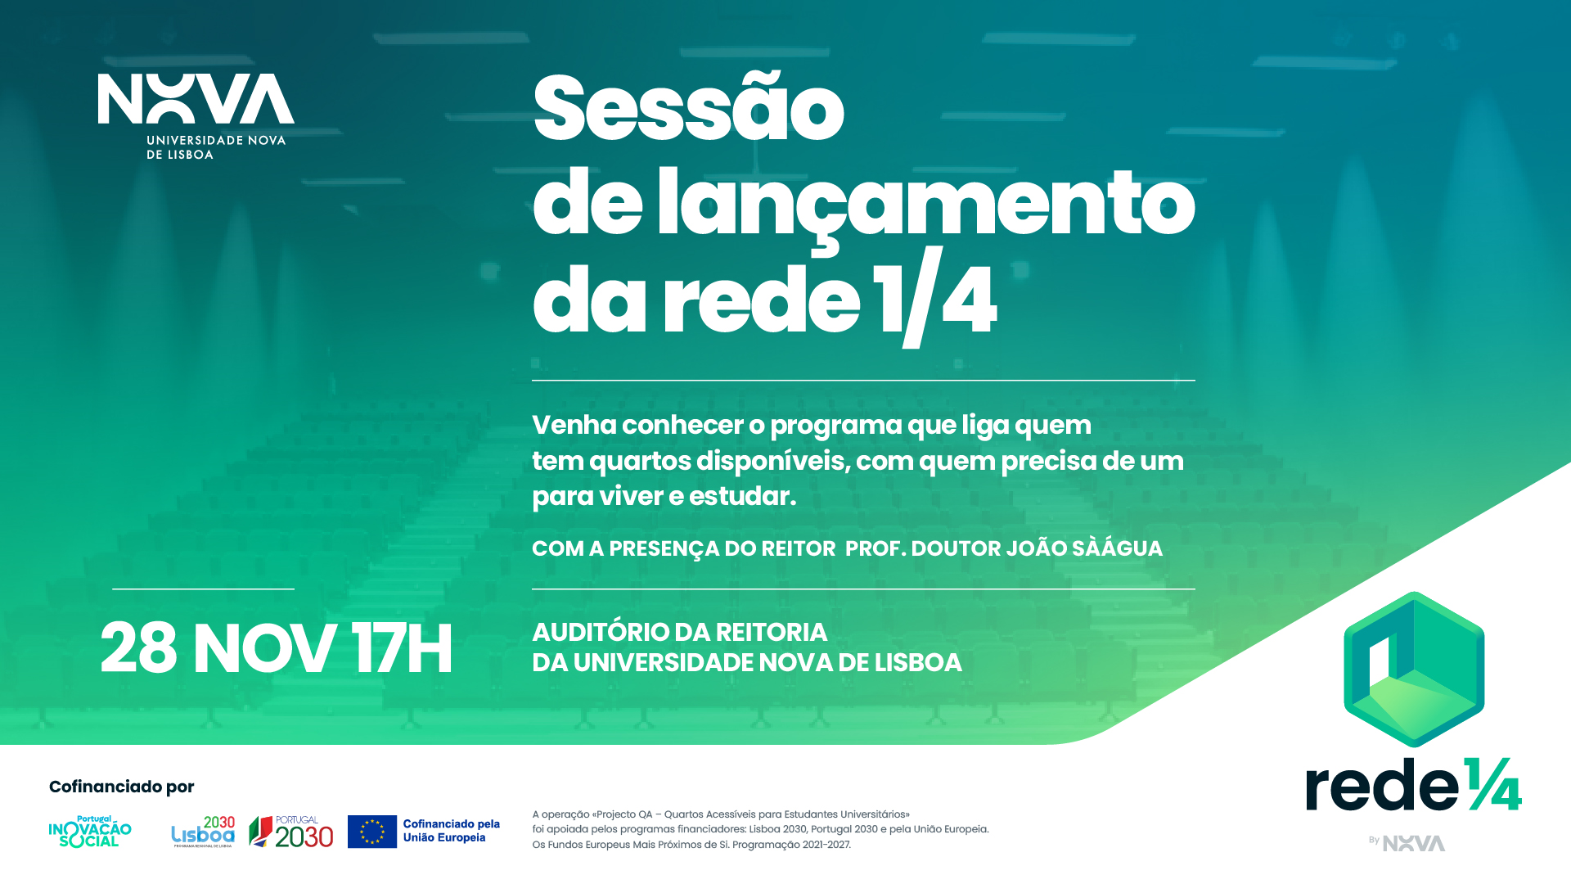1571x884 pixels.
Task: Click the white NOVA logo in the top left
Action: (x=196, y=116)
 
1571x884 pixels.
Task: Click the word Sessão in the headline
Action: (x=688, y=108)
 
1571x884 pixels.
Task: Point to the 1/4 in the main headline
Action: (x=934, y=297)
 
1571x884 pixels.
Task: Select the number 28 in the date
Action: (x=138, y=648)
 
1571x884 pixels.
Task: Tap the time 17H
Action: (x=402, y=648)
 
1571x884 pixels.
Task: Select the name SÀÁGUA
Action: (x=1117, y=547)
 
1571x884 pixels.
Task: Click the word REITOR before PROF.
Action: (x=799, y=548)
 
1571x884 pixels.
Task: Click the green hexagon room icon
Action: (x=1414, y=669)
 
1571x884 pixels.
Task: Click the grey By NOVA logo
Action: (x=1407, y=843)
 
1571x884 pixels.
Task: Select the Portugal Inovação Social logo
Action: (x=90, y=831)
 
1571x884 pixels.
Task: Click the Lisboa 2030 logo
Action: (x=203, y=832)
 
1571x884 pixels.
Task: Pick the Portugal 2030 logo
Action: (x=291, y=832)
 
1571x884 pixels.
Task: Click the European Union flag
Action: (x=372, y=832)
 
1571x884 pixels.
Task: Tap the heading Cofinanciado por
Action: (x=122, y=787)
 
